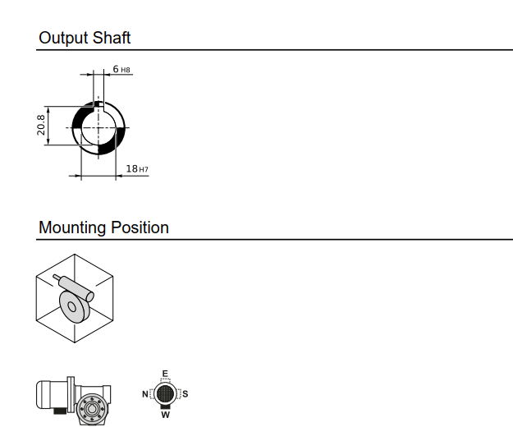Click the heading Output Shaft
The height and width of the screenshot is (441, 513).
tap(85, 38)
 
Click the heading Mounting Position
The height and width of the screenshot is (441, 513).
tap(103, 227)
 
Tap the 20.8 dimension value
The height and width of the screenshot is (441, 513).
tap(41, 125)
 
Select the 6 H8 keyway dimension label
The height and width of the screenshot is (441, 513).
tap(121, 70)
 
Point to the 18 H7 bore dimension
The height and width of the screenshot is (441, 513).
tap(136, 168)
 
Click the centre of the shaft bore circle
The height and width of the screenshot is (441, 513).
tap(98, 128)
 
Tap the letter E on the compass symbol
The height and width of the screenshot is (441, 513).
tap(165, 374)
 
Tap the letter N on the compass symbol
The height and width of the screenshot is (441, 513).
tap(145, 394)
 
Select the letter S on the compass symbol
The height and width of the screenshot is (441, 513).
tap(186, 394)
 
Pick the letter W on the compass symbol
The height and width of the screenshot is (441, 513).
tap(165, 415)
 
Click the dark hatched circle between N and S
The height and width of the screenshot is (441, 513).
tap(165, 393)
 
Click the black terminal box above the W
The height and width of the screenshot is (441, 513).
tap(165, 406)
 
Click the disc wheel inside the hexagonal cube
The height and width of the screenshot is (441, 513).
tap(75, 307)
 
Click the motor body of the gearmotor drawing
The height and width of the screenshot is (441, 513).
tap(54, 393)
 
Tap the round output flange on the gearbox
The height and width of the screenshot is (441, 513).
tap(93, 407)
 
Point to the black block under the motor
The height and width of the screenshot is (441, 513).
tap(60, 411)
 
